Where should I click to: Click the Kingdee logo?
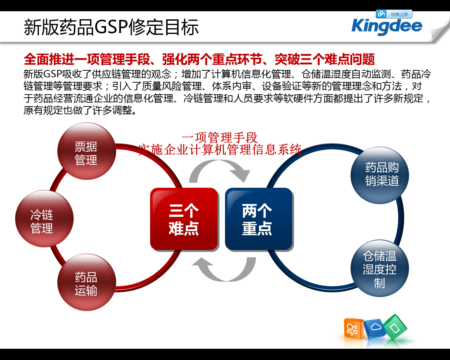coord(387,27)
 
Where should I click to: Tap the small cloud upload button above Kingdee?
coord(394,14)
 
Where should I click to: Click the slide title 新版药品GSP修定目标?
coord(111,27)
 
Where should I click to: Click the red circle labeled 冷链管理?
coord(44,219)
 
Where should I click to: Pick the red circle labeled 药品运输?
coord(86,283)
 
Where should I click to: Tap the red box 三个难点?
coord(184,219)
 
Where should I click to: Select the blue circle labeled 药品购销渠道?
coord(380,175)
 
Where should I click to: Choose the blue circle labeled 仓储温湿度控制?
coord(380,269)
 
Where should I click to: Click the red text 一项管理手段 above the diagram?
coord(220,137)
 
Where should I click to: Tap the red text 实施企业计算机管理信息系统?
coord(220,150)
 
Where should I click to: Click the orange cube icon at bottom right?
coord(353,329)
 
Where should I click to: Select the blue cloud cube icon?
coord(375,329)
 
